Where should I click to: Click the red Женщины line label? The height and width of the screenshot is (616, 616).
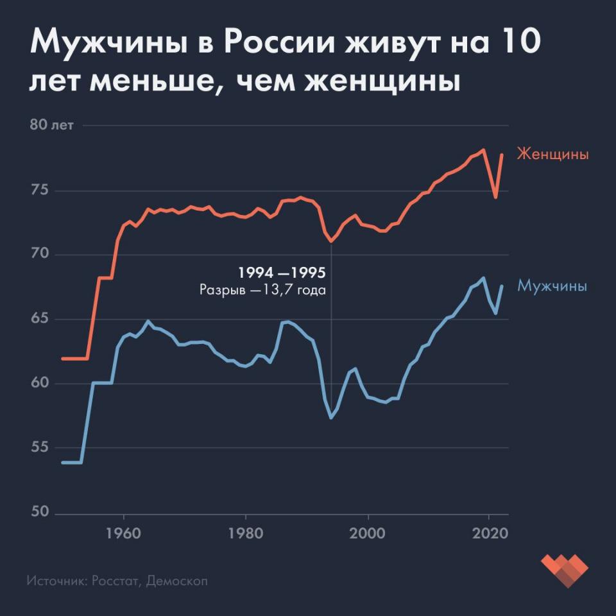pos(552,155)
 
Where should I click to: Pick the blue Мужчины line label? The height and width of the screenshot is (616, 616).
pos(552,286)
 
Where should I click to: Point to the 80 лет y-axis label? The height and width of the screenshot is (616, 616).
pos(51,124)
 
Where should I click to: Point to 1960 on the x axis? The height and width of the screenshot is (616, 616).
pos(123,534)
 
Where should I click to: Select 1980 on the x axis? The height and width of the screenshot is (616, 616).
pos(246,534)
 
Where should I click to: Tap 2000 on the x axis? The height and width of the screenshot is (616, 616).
pos(368,534)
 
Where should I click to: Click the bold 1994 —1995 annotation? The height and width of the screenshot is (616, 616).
pos(282,273)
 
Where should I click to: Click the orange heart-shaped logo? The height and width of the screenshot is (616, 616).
pos(564,569)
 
